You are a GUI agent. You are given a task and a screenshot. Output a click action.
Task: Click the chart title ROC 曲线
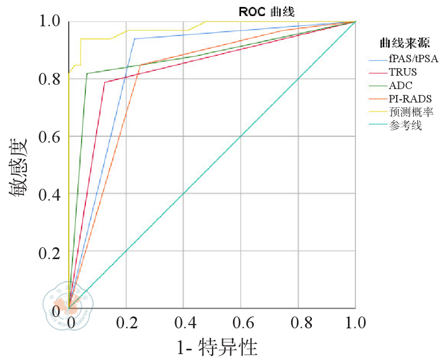(267, 11)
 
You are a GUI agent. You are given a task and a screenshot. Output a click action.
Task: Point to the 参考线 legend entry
(405, 126)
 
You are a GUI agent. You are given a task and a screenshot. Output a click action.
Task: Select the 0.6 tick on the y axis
(51, 137)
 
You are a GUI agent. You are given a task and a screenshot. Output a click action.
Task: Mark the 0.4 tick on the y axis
(51, 194)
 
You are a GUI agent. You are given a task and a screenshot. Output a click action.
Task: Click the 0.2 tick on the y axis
(51, 251)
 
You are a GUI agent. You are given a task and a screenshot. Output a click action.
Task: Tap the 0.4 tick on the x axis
(183, 323)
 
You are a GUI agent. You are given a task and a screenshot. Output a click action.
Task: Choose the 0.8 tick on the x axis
(298, 323)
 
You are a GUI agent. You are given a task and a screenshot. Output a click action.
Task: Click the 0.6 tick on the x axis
(241, 323)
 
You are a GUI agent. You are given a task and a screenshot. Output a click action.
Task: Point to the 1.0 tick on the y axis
(51, 22)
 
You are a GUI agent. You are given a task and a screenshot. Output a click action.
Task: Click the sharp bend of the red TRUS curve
(104, 82)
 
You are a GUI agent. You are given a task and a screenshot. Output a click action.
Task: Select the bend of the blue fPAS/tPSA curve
(134, 39)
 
